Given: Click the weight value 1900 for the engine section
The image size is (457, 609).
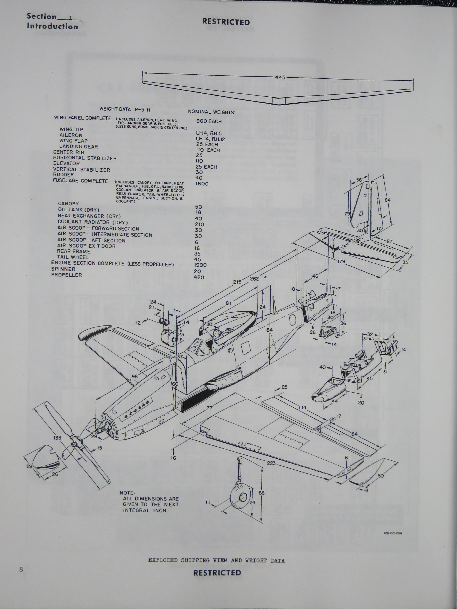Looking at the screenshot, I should pos(200,265).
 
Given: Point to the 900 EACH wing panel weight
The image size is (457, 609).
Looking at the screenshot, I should pos(209,121).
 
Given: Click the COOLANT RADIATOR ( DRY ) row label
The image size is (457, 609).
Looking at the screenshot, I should pos(93,222).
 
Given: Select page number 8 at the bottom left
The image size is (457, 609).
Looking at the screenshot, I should pos(21,569).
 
